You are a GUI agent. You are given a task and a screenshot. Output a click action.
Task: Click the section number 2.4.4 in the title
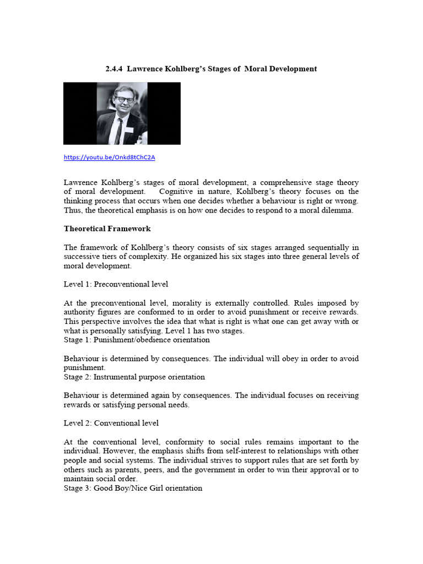(x=115, y=69)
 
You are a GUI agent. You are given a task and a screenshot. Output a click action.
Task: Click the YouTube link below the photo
(x=109, y=158)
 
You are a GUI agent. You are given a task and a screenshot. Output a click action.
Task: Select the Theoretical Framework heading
(x=107, y=229)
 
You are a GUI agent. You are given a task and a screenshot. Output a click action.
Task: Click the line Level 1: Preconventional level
(x=116, y=284)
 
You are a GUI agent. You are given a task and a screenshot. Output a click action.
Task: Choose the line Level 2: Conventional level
(x=111, y=423)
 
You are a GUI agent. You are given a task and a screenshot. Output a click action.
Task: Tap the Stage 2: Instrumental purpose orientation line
(x=134, y=377)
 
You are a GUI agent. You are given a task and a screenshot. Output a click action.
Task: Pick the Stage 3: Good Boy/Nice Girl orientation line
(x=133, y=488)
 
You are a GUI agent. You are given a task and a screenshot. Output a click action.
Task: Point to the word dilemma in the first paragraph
(x=338, y=210)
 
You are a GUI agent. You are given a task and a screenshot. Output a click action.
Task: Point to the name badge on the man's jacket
(x=128, y=130)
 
